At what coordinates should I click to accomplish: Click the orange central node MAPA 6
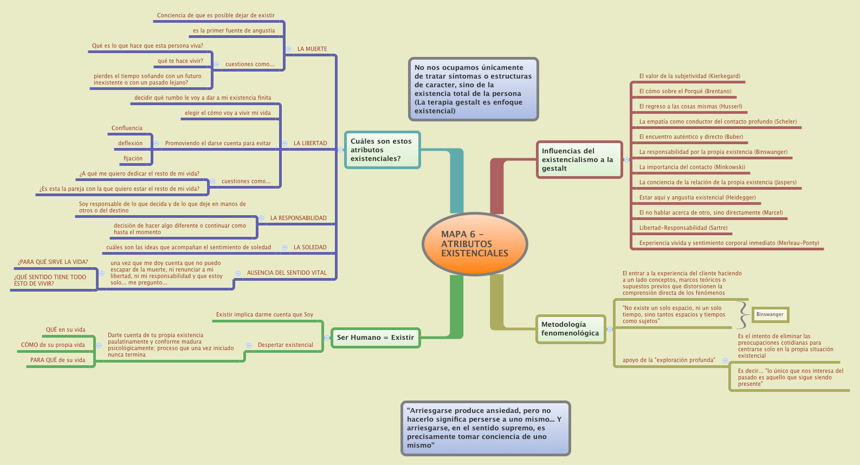click(474, 243)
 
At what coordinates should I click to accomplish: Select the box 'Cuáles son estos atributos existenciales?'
click(382, 150)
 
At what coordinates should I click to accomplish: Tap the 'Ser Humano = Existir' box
click(375, 338)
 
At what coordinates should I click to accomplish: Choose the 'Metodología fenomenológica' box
click(570, 329)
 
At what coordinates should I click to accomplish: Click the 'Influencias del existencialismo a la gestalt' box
click(578, 159)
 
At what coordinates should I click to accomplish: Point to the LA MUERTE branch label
click(312, 49)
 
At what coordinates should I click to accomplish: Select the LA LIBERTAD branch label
click(310, 143)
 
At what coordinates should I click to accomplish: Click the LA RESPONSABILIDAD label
click(298, 218)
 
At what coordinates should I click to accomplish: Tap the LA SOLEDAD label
click(310, 247)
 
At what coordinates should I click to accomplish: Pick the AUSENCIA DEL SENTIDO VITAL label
click(287, 273)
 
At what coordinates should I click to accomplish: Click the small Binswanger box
click(770, 314)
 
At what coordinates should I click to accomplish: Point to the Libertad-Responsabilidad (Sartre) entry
click(683, 228)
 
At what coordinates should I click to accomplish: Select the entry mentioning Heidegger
click(697, 197)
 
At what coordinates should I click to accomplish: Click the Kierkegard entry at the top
click(689, 76)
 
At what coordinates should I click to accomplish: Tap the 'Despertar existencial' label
click(285, 345)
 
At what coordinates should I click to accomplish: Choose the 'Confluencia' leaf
click(127, 128)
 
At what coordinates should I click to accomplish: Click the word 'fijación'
click(133, 158)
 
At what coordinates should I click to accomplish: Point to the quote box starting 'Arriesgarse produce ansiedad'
click(485, 428)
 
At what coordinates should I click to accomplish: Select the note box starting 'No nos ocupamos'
click(473, 89)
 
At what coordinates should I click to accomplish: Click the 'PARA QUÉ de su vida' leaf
click(57, 360)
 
